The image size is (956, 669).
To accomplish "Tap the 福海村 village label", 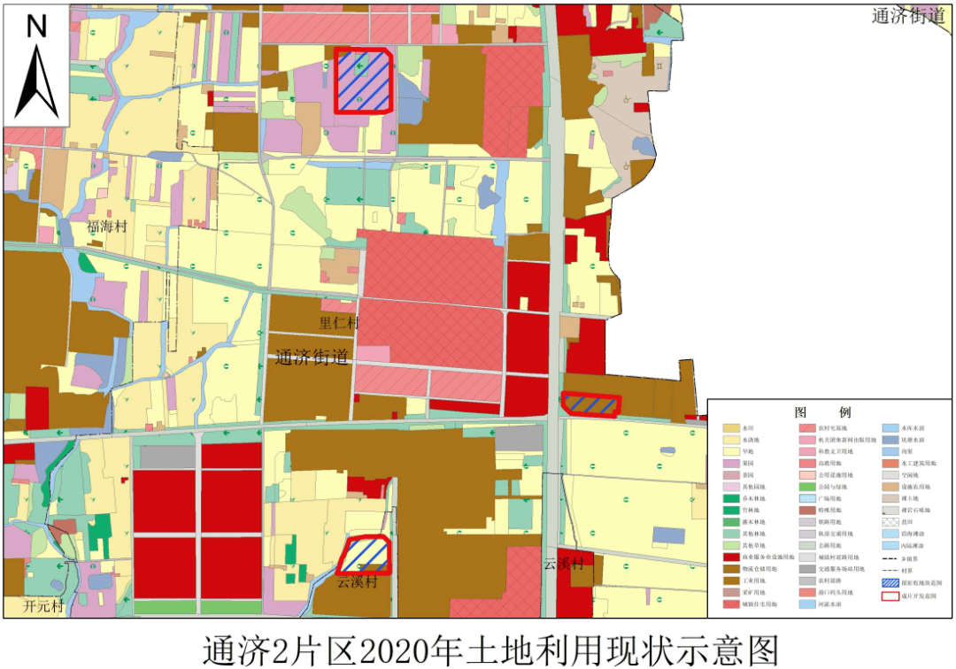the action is (x=107, y=227).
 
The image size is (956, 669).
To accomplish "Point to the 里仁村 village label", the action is (x=339, y=324).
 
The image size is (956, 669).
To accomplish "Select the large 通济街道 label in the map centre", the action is (x=312, y=358).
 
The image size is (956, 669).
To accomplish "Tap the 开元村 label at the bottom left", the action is (x=44, y=607).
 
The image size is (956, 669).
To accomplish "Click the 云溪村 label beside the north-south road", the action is (x=564, y=563).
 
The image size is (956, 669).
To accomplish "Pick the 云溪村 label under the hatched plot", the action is (x=358, y=581).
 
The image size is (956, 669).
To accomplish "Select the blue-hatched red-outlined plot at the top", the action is (x=364, y=81).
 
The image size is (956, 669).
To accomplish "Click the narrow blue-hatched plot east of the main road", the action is (x=591, y=404).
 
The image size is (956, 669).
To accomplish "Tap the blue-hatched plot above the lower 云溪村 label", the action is (x=365, y=555).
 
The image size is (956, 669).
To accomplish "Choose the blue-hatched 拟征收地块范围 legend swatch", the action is (x=893, y=581).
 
